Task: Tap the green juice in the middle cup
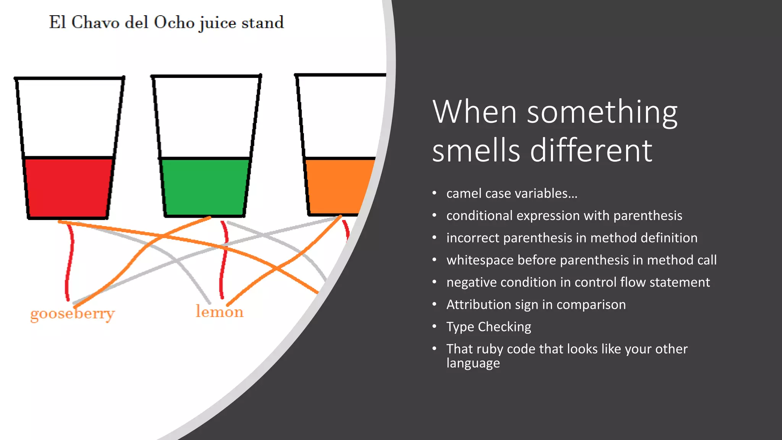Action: pyautogui.click(x=205, y=187)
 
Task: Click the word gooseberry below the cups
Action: pyautogui.click(x=73, y=314)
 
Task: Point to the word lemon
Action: pyautogui.click(x=220, y=312)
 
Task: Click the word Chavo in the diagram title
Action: pyautogui.click(x=95, y=23)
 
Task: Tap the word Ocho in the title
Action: pyautogui.click(x=174, y=23)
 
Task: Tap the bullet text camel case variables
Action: pyautogui.click(x=512, y=194)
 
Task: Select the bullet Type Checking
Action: pyautogui.click(x=489, y=327)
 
